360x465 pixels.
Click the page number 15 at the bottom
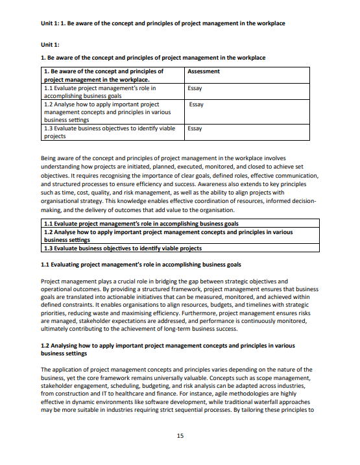(180, 436)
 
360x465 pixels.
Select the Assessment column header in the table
(203, 72)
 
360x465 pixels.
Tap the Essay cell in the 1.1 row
(195, 88)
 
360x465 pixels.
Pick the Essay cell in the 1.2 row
(197, 104)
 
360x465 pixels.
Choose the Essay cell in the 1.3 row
(195, 128)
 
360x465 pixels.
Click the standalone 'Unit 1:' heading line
(50, 45)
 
